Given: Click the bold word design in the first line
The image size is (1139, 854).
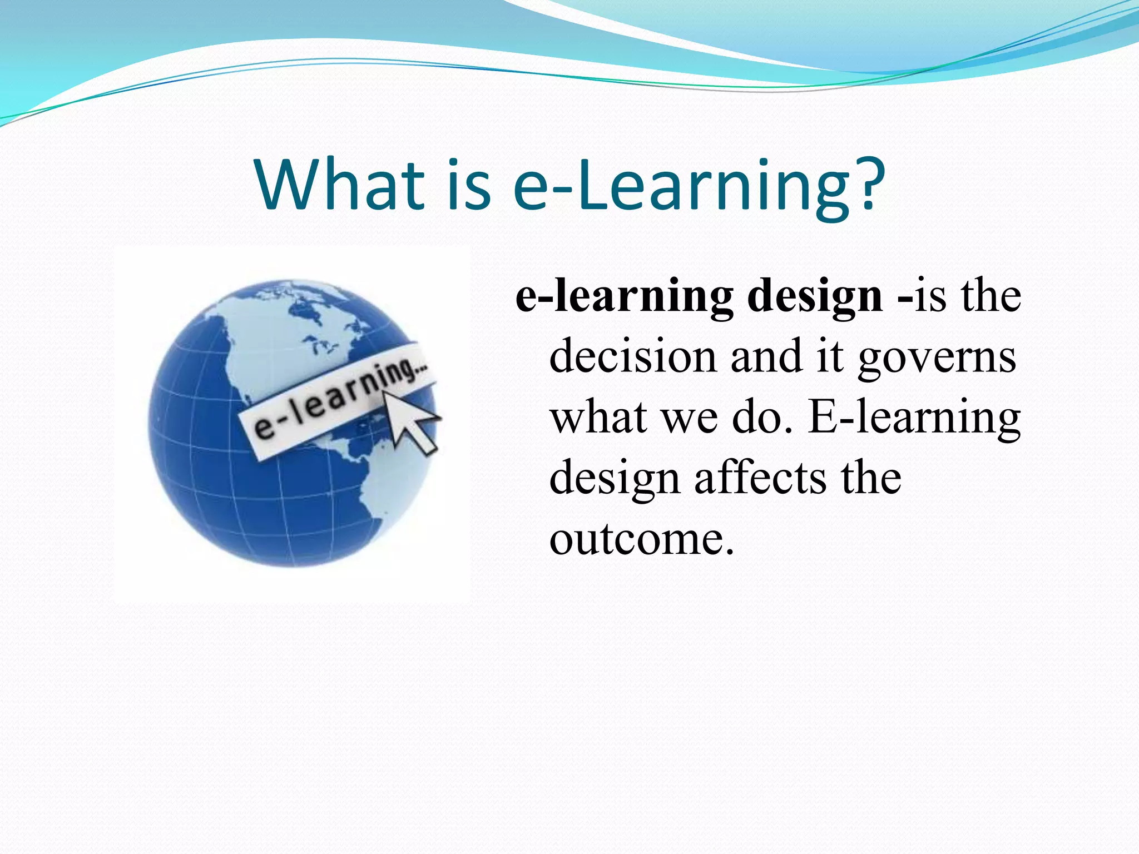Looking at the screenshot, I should point(815,296).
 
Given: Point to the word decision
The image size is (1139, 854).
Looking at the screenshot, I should point(632,356).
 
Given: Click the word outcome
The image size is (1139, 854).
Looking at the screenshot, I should point(641,539).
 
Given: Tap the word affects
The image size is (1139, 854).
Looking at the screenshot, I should point(760,478).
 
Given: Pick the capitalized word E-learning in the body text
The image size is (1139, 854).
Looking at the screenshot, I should point(914,418).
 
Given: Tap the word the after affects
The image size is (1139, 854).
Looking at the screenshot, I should point(870,478).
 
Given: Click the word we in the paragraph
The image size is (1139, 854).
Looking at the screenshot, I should point(690,418).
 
